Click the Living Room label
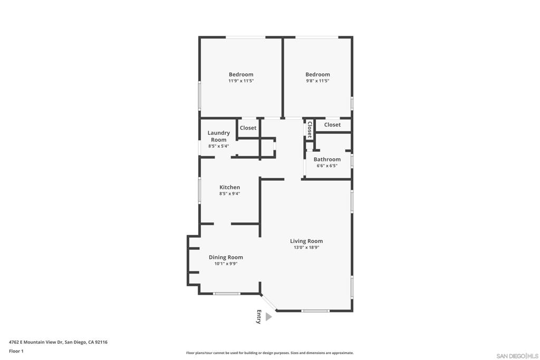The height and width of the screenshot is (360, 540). (x=306, y=241)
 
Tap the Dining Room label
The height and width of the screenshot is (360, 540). (x=226, y=257)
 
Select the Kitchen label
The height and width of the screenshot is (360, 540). (x=230, y=187)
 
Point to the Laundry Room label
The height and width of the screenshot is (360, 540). (x=219, y=137)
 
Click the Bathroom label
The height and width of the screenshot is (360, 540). (x=327, y=159)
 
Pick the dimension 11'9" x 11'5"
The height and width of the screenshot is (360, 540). (x=241, y=81)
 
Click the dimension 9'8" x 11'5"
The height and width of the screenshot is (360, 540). (x=317, y=81)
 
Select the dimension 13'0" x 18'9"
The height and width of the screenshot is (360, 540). (x=306, y=247)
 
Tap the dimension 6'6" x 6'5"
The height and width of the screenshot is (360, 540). (x=327, y=166)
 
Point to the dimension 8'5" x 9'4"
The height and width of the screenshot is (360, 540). (x=230, y=194)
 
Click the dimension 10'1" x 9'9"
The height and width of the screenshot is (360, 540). (x=226, y=264)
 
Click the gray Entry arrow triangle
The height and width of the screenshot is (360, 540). (x=268, y=317)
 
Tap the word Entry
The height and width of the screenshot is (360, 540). (x=259, y=317)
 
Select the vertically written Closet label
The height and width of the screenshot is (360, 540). (x=310, y=130)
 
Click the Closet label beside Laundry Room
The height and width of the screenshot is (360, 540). (x=248, y=128)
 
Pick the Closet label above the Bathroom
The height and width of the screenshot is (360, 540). (x=332, y=125)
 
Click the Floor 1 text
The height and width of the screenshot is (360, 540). (x=16, y=352)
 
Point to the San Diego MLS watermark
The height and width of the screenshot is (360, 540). (x=517, y=356)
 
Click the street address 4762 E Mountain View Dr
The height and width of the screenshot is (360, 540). (x=36, y=342)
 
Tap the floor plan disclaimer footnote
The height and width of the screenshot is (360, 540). (x=270, y=353)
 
